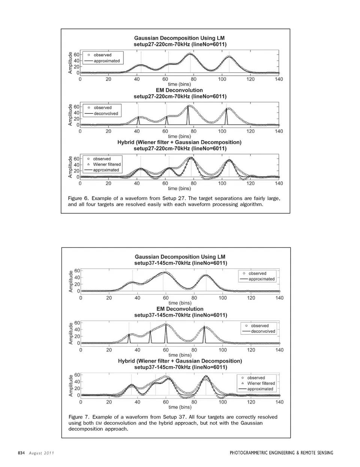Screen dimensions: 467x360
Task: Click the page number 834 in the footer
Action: click(21, 453)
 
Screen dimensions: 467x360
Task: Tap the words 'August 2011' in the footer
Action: click(42, 453)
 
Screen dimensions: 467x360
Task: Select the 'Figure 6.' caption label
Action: click(78, 198)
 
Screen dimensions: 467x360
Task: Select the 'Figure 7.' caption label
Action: click(79, 417)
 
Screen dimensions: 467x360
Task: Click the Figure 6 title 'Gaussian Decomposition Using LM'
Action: click(179, 38)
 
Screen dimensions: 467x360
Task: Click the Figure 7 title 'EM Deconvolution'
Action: click(180, 309)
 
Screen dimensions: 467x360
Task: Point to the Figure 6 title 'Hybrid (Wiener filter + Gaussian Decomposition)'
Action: click(179, 142)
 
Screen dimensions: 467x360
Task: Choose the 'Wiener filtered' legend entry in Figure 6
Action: click(107, 164)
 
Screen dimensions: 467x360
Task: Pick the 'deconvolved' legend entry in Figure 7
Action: click(263, 331)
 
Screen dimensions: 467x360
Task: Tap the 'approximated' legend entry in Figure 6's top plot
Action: click(106, 61)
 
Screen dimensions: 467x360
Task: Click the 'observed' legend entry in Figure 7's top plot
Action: click(257, 273)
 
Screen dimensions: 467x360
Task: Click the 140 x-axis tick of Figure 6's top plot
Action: click(279, 79)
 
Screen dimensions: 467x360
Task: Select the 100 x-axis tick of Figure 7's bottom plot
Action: click(223, 402)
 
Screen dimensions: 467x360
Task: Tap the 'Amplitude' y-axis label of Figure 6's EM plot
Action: click(70, 115)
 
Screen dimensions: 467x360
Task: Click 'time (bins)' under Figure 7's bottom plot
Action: click(180, 407)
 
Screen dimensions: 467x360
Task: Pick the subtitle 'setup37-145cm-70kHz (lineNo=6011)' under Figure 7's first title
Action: click(180, 263)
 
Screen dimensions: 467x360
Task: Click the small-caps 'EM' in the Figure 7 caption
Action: click(99, 423)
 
